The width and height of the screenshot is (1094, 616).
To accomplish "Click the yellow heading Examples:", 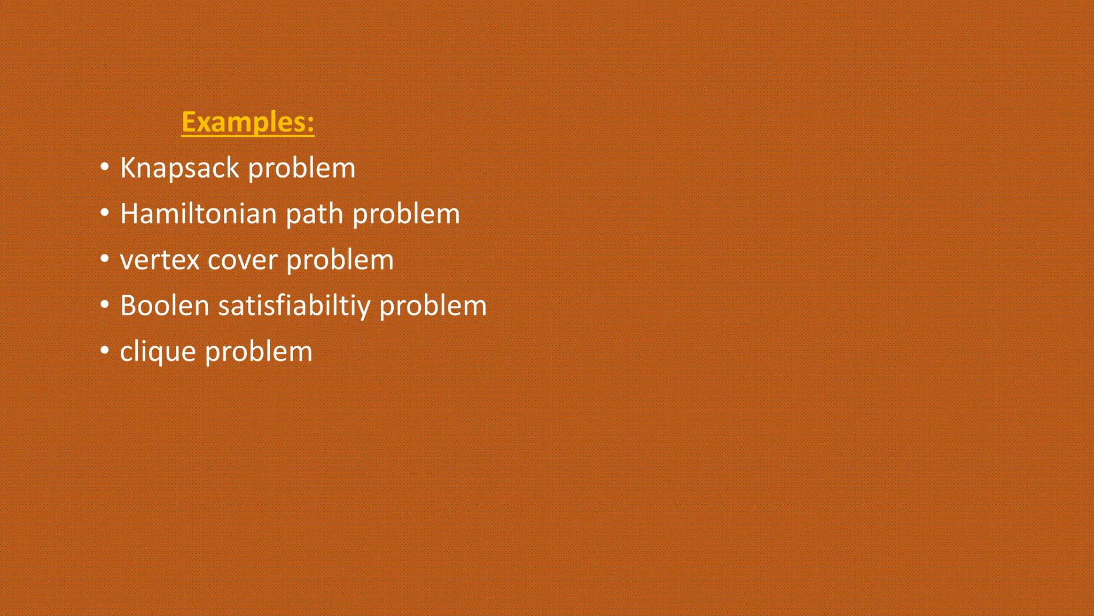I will [x=247, y=122].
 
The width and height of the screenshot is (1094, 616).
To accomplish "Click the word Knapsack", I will [x=179, y=168].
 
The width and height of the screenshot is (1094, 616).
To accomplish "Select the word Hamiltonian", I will [x=198, y=214].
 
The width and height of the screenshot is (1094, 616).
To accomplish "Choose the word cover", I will [x=243, y=260].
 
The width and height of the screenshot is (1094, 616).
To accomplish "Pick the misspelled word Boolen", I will [x=165, y=306].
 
